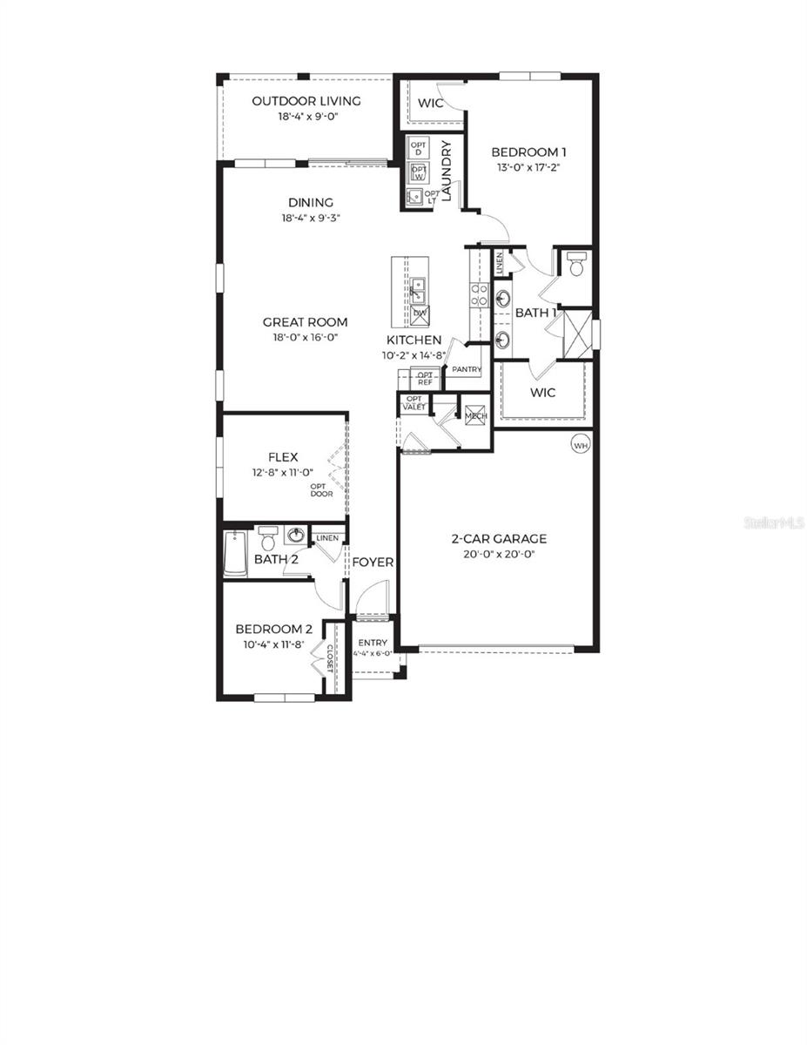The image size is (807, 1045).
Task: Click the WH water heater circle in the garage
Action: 580,444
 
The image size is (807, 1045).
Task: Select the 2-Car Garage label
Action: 499,538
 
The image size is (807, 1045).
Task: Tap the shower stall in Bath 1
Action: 576,329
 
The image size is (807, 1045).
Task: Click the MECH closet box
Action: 475,415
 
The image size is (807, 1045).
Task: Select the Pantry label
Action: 467,369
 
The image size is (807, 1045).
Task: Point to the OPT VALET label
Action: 414,402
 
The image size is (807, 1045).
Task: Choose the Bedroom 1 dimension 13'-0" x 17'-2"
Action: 526,167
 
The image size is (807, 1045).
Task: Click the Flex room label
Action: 283,457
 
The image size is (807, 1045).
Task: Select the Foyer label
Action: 372,563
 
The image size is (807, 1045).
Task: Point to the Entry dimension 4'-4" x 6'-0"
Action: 373,652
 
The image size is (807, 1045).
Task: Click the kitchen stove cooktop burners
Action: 480,295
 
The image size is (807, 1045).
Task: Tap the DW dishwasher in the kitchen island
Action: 420,313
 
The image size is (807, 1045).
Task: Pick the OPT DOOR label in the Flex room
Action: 322,489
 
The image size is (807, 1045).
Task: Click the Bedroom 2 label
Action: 273,630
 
